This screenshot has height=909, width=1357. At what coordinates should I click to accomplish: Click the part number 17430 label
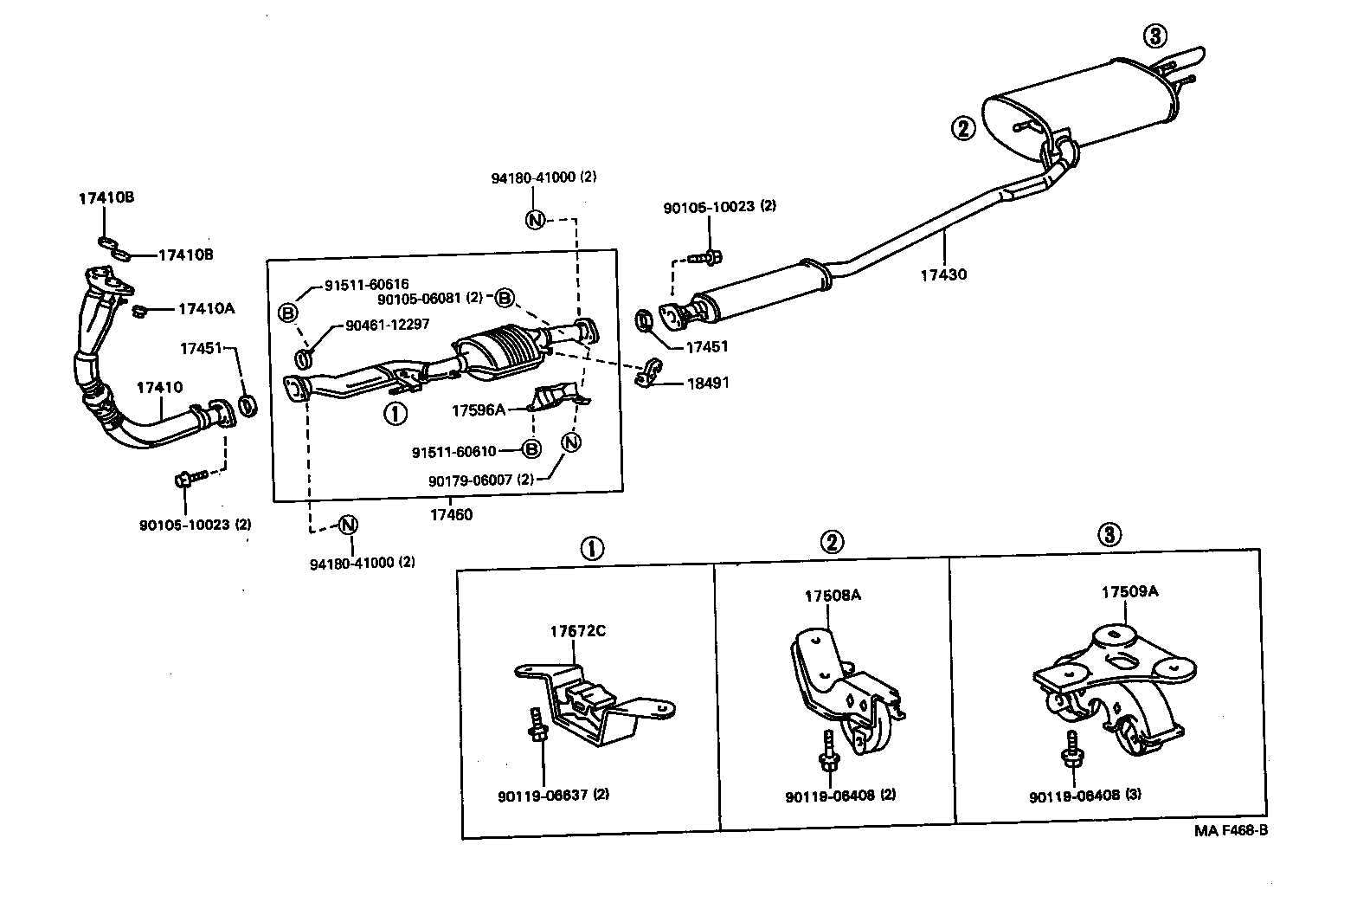(x=942, y=275)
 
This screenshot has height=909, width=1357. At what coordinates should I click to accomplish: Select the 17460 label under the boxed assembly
(x=451, y=514)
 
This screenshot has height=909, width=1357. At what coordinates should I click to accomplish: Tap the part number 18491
(x=708, y=382)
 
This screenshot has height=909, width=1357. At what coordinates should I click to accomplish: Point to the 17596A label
(x=478, y=409)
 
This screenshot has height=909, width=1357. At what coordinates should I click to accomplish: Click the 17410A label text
(x=207, y=308)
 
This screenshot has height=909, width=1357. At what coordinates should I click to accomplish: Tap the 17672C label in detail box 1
(x=577, y=630)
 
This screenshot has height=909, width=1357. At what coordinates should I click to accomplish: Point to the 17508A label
(x=833, y=596)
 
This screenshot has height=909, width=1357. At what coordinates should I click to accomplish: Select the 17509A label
(x=1129, y=592)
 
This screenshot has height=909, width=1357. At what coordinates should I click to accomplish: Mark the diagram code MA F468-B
(x=1231, y=830)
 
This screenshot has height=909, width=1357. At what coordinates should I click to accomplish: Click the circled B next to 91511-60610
(x=531, y=449)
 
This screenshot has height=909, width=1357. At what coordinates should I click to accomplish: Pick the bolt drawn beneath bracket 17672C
(x=537, y=726)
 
